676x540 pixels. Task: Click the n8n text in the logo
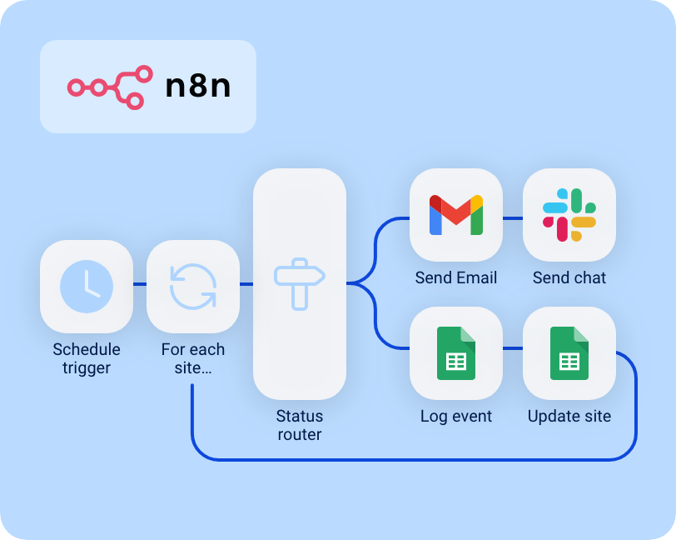point(198,87)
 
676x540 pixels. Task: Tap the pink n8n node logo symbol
point(110,87)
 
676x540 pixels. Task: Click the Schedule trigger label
point(87,358)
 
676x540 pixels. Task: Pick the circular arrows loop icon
point(193,286)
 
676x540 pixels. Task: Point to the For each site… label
point(193,358)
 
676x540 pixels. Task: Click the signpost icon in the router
point(299,284)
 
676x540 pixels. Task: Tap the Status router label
point(299,425)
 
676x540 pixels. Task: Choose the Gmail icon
point(456,215)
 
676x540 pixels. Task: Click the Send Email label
point(456,278)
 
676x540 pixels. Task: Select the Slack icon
point(569,215)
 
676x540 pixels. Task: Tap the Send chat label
point(569,278)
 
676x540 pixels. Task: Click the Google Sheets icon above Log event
point(456,353)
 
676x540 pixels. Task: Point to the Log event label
point(456,417)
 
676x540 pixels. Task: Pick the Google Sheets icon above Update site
point(569,353)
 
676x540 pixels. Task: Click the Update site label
point(569,417)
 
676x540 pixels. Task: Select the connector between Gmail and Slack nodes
point(513,218)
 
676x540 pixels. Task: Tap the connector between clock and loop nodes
point(140,285)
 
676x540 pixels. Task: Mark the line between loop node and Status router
point(246,285)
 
